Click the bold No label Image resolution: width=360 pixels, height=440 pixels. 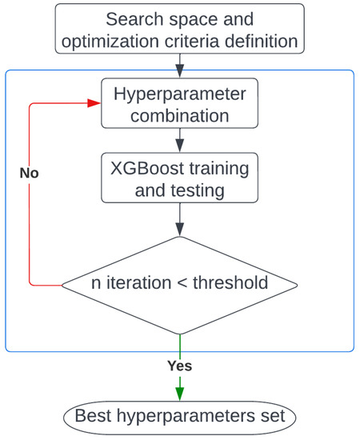30,173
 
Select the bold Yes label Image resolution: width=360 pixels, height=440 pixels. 180,365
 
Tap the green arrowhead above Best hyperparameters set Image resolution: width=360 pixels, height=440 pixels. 180,394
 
